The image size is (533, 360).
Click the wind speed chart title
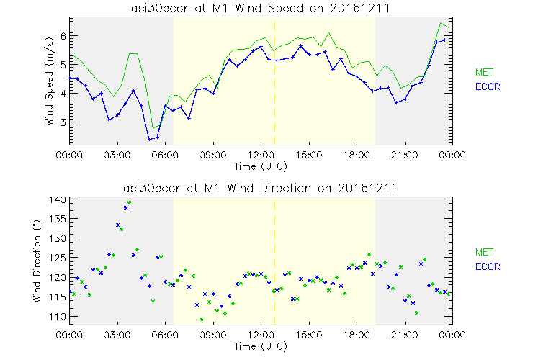pos(260,8)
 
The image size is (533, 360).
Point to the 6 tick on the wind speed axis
pos(63,35)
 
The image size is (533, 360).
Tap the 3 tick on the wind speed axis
pos(63,122)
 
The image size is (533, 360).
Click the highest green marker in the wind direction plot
pos(129,203)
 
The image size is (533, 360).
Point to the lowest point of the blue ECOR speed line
pos(149,139)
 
